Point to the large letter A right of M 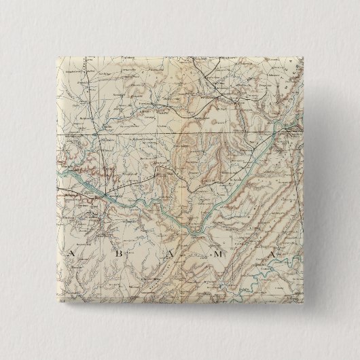[x=270, y=254]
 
